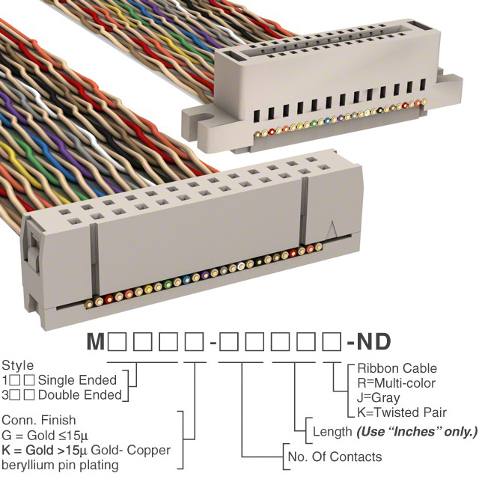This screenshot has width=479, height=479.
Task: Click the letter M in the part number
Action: [96, 344]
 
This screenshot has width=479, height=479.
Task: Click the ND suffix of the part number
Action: [373, 344]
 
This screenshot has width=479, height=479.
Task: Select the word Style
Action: [17, 366]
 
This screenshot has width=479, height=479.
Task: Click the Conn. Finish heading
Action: [39, 421]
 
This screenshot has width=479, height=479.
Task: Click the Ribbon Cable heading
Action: [397, 369]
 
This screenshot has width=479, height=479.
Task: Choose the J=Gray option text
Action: [378, 398]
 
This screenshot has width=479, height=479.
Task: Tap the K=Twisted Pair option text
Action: [402, 412]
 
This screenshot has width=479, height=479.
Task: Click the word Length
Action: [332, 432]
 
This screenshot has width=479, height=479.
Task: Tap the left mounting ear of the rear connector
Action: [196, 115]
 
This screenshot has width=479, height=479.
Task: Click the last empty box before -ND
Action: [327, 344]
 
